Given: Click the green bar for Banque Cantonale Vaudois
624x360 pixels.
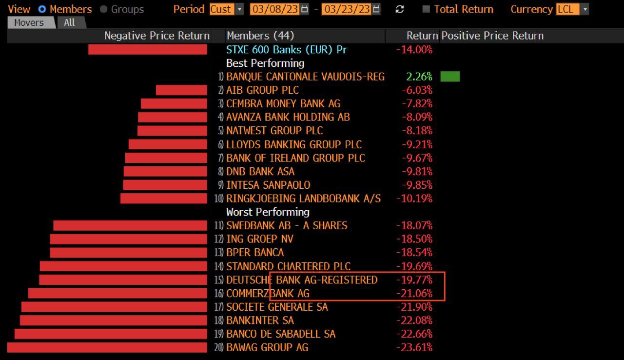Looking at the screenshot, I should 450,77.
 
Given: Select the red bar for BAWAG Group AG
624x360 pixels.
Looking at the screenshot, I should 107,347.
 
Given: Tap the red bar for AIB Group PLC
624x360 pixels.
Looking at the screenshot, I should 181,90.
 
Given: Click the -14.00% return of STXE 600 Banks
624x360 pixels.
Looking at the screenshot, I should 414,50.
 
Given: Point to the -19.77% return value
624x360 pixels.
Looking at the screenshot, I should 414,280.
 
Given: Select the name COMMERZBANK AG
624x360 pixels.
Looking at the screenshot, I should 268,294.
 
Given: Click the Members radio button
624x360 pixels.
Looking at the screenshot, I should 42,9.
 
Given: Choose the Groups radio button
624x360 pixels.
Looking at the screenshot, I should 103,9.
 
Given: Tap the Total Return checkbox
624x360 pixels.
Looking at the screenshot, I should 426,9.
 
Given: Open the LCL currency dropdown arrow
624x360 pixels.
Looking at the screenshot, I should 585,9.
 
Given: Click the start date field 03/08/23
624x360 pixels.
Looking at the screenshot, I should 274,9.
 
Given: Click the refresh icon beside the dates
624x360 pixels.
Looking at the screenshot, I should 400,9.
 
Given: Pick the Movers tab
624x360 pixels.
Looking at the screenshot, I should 29,22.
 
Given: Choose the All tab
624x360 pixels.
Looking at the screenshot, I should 69,22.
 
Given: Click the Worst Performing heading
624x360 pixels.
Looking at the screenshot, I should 268,212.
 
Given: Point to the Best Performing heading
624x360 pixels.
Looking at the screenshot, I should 265,63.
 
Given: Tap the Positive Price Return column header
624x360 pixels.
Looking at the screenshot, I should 492,36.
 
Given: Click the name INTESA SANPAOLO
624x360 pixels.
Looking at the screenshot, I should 268,185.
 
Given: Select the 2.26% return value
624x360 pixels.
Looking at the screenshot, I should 419,77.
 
